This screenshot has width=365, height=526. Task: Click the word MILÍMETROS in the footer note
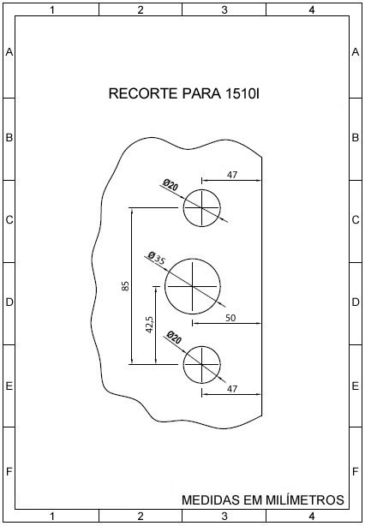pyautogui.click(x=305, y=499)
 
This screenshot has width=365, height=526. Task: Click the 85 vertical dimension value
pyautogui.click(x=125, y=286)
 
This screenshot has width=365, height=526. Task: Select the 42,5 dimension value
pyautogui.click(x=150, y=325)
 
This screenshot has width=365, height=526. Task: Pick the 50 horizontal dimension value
pyautogui.click(x=230, y=317)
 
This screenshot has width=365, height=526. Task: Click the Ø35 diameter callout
pyautogui.click(x=156, y=259)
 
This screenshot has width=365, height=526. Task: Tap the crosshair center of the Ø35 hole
pyautogui.click(x=192, y=286)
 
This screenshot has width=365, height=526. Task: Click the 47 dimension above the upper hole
pyautogui.click(x=232, y=175)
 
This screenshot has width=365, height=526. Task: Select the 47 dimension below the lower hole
pyautogui.click(x=232, y=389)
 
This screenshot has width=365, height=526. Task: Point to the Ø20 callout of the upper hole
pyautogui.click(x=171, y=184)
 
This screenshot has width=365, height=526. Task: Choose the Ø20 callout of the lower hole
pyautogui.click(x=174, y=338)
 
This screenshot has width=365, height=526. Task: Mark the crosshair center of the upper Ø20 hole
pyautogui.click(x=201, y=207)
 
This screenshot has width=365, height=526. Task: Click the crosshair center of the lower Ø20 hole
pyautogui.click(x=201, y=364)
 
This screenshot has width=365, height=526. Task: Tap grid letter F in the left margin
pyautogui.click(x=9, y=472)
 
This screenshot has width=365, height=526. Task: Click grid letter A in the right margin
pyautogui.click(x=356, y=52)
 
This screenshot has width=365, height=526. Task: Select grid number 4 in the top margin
pyautogui.click(x=312, y=10)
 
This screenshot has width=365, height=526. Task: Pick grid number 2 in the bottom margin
pyautogui.click(x=141, y=516)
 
